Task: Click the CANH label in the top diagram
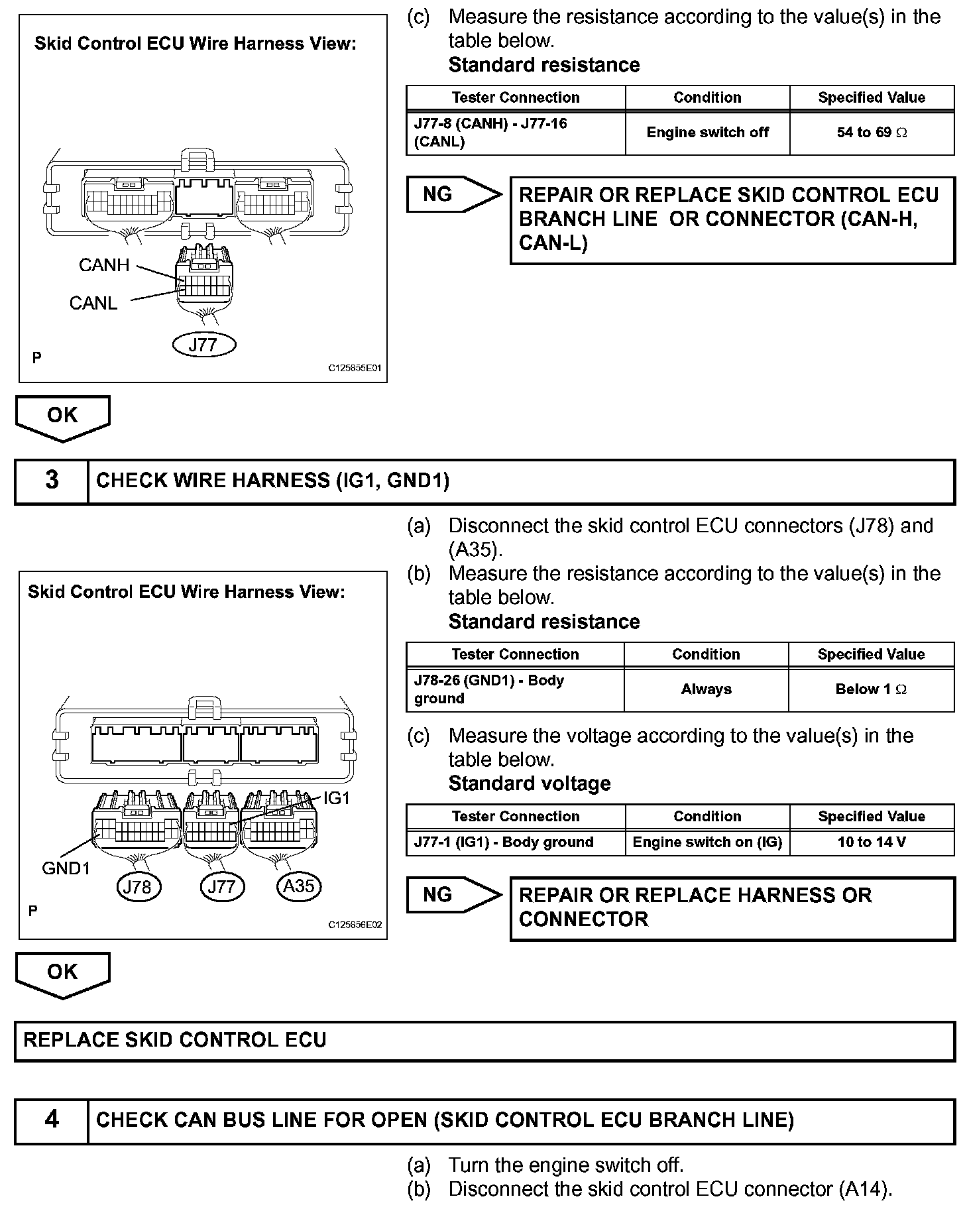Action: pyautogui.click(x=104, y=265)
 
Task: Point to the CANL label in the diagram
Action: pyautogui.click(x=93, y=303)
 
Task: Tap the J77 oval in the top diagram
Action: pyautogui.click(x=203, y=345)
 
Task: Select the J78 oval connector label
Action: pyautogui.click(x=138, y=887)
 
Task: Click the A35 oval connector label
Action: pyautogui.click(x=299, y=886)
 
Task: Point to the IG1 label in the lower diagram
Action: pyautogui.click(x=336, y=799)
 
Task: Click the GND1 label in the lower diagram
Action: pyautogui.click(x=66, y=868)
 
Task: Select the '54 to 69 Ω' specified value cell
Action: pyautogui.click(x=872, y=133)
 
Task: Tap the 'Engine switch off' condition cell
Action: pyautogui.click(x=707, y=133)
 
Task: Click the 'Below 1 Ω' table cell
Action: pyautogui.click(x=871, y=689)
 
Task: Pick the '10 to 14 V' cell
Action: pyautogui.click(x=872, y=842)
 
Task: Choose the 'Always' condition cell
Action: pyautogui.click(x=706, y=689)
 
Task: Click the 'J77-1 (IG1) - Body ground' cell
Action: pyautogui.click(x=504, y=842)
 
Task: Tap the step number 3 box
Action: pyautogui.click(x=52, y=481)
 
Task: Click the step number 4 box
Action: pyautogui.click(x=52, y=1120)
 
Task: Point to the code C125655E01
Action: pyautogui.click(x=355, y=368)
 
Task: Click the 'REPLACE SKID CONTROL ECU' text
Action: pyautogui.click(x=175, y=1039)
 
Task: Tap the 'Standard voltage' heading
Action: pyautogui.click(x=530, y=783)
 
